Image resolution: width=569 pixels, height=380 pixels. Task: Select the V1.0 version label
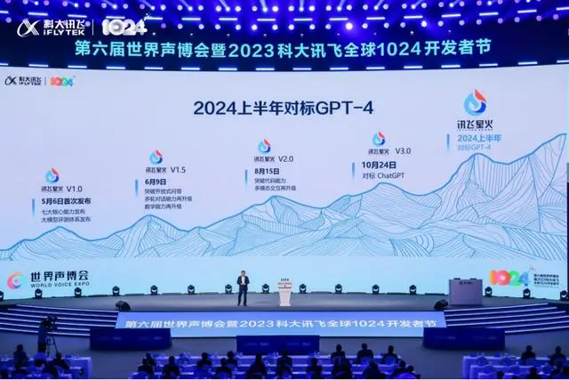pyautogui.click(x=71, y=189)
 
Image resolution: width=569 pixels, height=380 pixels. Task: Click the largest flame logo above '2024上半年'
pyautogui.click(x=475, y=101)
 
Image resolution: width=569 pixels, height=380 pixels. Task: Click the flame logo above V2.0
pyautogui.click(x=264, y=146)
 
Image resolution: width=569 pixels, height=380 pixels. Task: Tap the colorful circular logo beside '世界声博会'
pyautogui.click(x=15, y=280)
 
